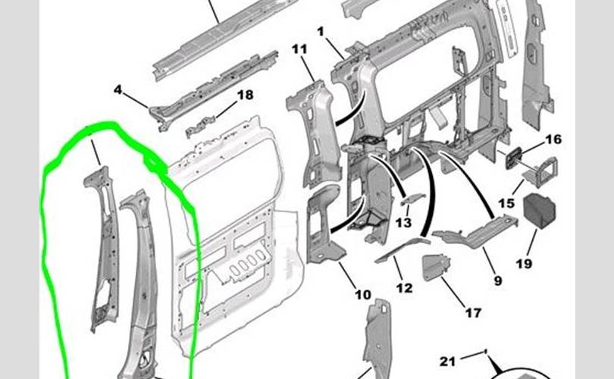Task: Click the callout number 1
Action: pos(321,31)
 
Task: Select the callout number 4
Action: pos(117,90)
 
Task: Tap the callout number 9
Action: pos(498,280)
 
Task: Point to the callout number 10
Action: pos(363,294)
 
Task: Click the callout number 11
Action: pos(299,49)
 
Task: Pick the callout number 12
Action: pos(404,288)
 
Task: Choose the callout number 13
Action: pos(403,223)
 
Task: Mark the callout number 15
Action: pos(506,203)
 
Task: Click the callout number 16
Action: pos(553,139)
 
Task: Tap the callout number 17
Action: pos(473,313)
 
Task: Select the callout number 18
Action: pos(246,95)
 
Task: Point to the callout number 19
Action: pos(524,264)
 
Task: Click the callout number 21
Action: pos(447,361)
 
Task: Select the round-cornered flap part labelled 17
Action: pos(436,268)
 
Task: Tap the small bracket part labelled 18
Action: pos(200,127)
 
